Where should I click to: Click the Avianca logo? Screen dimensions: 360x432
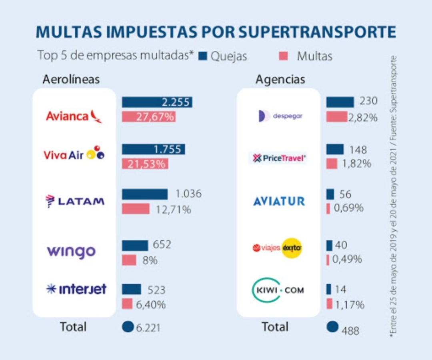coord(74,116)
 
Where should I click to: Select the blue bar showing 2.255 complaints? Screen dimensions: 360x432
coord(157,102)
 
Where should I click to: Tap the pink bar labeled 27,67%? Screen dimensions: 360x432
coord(149,117)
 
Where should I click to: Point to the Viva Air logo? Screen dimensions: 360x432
coord(74,154)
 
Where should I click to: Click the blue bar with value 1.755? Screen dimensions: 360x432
coord(153,149)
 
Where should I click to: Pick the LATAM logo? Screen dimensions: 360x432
coord(75,201)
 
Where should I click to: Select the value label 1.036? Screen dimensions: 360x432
coord(188,194)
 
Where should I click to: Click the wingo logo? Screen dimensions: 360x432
coord(72,252)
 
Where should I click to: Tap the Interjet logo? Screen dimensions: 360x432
coord(76,289)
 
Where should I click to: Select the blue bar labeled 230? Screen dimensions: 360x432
coord(340,102)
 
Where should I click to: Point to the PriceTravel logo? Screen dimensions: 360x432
coord(279,158)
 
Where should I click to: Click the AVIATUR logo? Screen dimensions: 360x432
coord(279,201)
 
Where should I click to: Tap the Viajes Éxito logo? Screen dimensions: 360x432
coord(277,248)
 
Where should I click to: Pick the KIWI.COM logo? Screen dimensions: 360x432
coord(278,290)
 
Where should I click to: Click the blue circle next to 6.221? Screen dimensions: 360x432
coord(128,327)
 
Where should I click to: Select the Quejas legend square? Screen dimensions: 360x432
coord(203,56)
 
